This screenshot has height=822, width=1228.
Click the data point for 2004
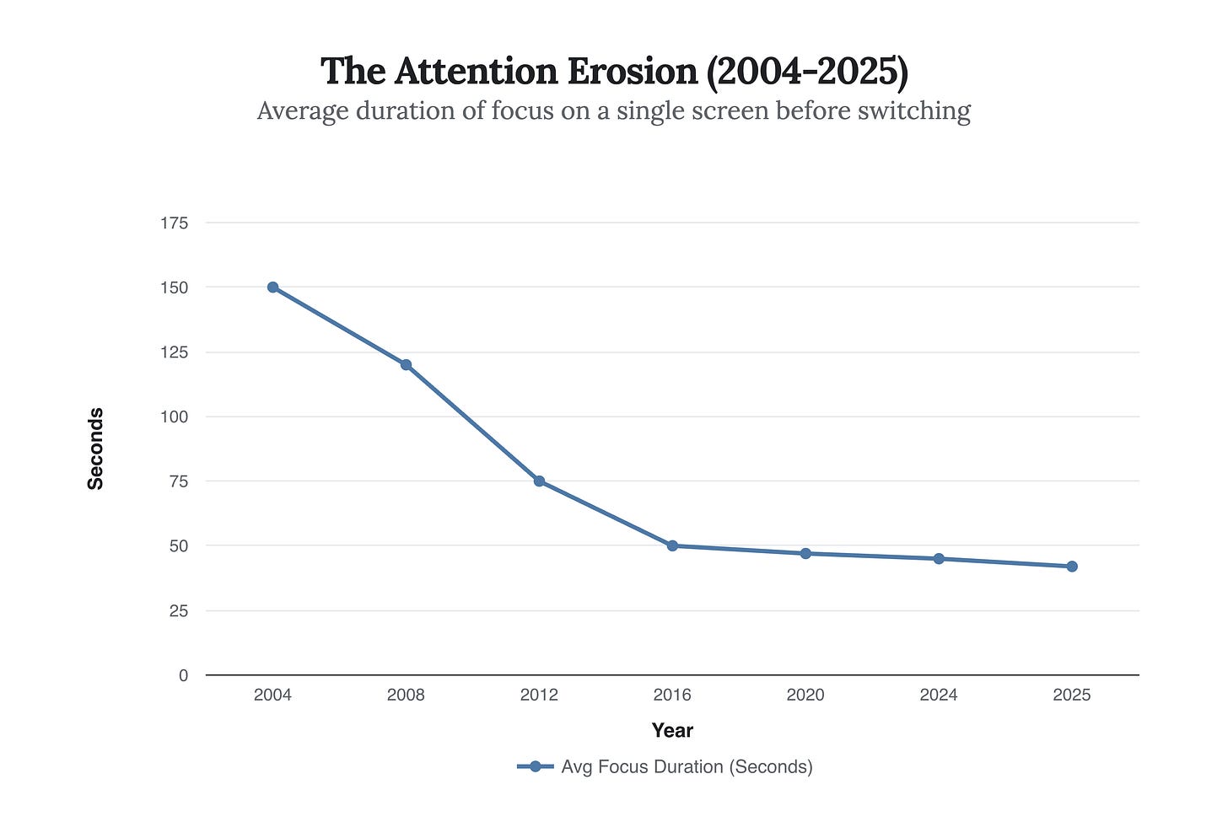click(x=272, y=287)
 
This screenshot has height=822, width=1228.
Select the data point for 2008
click(x=406, y=365)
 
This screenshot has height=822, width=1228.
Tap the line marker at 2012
click(x=539, y=481)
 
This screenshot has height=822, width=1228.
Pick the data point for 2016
click(x=672, y=545)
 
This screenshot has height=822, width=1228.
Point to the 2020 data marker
click(x=805, y=553)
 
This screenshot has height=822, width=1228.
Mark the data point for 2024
click(x=939, y=558)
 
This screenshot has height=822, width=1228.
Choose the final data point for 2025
click(x=1072, y=567)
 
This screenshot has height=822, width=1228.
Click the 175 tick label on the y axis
click(x=174, y=223)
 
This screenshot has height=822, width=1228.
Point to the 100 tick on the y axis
click(x=174, y=417)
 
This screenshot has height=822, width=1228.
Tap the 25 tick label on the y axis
click(x=178, y=611)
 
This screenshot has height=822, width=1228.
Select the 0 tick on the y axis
click(x=183, y=675)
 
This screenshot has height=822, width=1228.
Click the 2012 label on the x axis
click(x=539, y=696)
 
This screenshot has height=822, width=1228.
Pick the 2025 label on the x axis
click(x=1072, y=696)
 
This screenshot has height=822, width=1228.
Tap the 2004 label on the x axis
click(x=272, y=696)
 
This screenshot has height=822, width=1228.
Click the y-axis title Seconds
click(x=96, y=449)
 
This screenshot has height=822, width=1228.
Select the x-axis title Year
click(x=672, y=731)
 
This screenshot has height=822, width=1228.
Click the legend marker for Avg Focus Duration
click(x=535, y=767)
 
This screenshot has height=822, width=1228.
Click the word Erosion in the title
click(x=632, y=72)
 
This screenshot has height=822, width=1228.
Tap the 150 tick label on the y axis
click(x=174, y=287)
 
